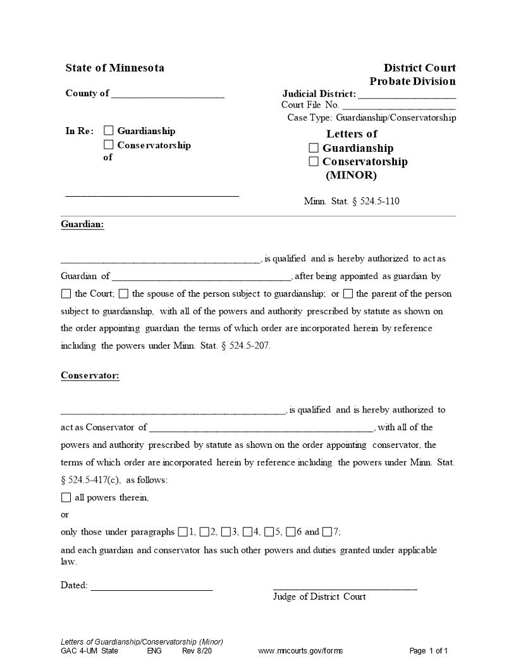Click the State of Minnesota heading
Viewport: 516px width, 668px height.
(x=114, y=68)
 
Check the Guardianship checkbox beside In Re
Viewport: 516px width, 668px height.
(x=109, y=131)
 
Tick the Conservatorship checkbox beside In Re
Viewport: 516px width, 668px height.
(x=109, y=145)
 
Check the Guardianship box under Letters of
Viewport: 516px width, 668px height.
(x=314, y=148)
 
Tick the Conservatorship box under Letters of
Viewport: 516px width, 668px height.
(x=314, y=161)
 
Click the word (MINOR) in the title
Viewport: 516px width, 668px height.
(x=351, y=175)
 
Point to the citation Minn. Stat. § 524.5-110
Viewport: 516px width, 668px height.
(x=352, y=202)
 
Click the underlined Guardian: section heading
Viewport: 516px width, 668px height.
(x=82, y=225)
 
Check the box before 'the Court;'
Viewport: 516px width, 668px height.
(x=66, y=294)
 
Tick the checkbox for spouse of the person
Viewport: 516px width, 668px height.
(x=123, y=294)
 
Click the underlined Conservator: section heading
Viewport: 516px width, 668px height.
(x=90, y=376)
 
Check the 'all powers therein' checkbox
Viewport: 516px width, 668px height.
(x=66, y=497)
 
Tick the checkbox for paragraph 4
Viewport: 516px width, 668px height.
(x=248, y=531)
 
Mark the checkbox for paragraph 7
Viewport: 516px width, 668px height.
(x=327, y=531)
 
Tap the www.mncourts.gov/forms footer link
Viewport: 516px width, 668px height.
(x=300, y=651)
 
